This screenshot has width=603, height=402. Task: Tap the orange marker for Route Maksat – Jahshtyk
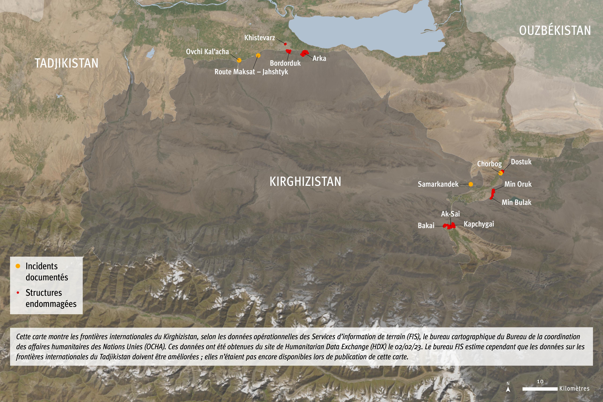(258, 55)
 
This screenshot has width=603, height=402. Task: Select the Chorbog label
(489, 164)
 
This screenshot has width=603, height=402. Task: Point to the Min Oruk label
(518, 184)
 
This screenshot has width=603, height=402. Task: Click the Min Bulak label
(516, 202)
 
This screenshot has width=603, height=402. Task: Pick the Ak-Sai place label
(450, 214)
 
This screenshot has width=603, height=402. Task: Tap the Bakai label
(426, 226)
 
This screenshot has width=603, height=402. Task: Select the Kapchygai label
(479, 224)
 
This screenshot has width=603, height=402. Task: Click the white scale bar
(540, 389)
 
